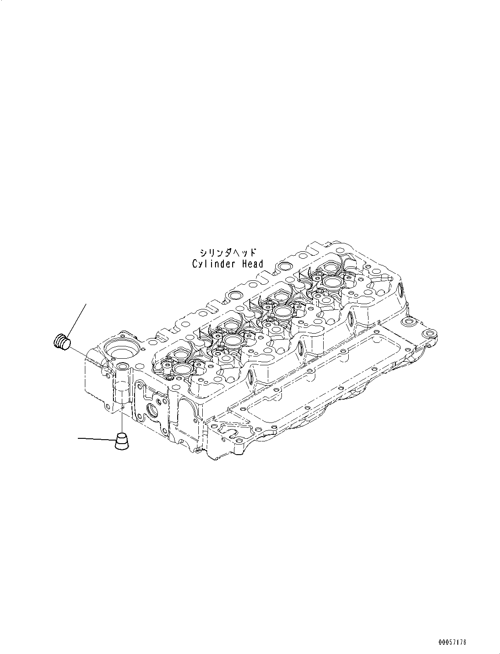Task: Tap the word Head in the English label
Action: pos(252,264)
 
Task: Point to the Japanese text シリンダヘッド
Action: pos(228,253)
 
